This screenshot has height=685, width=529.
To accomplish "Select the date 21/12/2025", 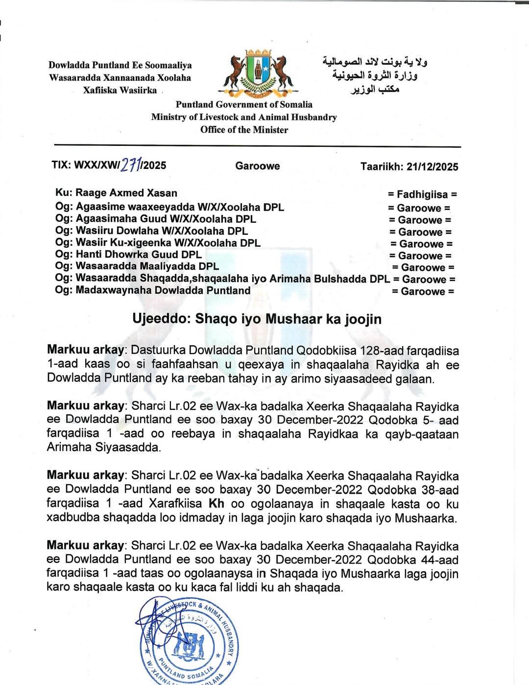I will click(431, 166).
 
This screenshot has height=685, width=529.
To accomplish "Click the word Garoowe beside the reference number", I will click(258, 166).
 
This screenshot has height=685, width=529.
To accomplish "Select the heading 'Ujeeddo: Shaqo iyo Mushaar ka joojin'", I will click(257, 319).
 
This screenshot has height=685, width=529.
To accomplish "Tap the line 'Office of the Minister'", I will click(244, 130).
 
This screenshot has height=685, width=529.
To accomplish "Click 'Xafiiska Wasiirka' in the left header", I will click(120, 90).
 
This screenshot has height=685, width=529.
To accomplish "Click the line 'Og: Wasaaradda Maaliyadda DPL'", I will click(137, 267).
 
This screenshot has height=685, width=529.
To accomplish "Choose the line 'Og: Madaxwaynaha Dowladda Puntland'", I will click(153, 290).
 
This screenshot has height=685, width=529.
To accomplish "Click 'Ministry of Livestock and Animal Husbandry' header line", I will click(244, 117).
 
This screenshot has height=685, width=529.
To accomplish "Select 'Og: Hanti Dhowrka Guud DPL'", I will click(128, 255).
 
